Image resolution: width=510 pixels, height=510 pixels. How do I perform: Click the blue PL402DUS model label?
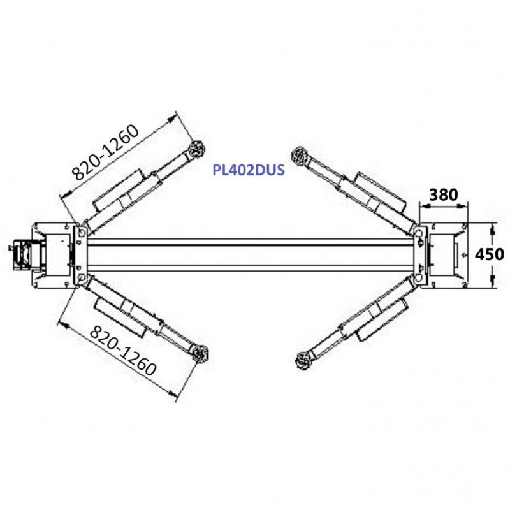pos(249,170)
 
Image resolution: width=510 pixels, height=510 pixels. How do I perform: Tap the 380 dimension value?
pos(443,194)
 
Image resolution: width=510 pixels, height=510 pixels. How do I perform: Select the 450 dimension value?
pos(489,254)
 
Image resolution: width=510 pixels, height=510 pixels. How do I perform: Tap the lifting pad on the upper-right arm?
pos(300,156)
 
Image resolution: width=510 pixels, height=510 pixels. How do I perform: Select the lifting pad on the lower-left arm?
pos(200,353)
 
